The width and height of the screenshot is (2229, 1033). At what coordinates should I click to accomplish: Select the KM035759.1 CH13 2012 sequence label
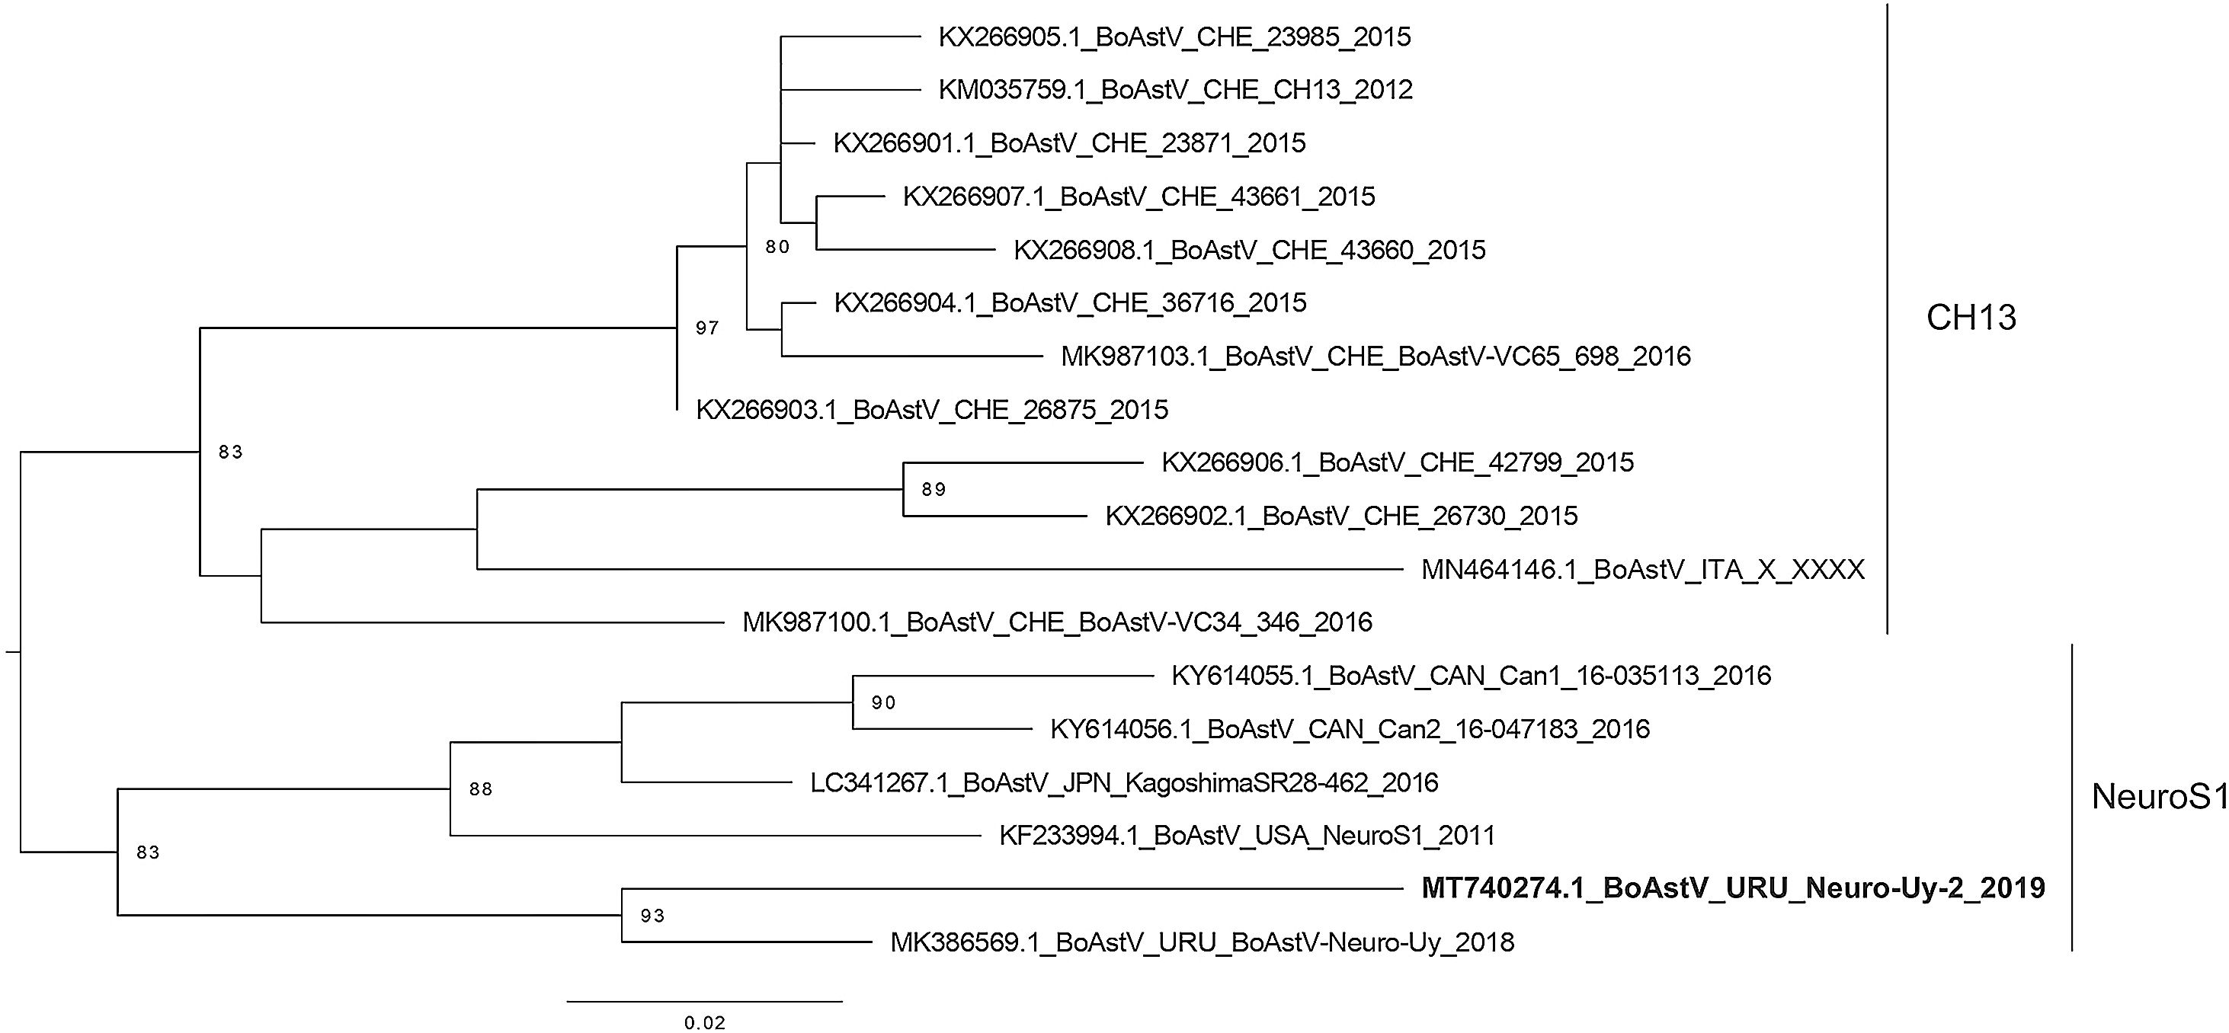click(1175, 90)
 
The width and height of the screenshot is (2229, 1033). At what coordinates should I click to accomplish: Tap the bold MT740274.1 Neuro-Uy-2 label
click(1732, 887)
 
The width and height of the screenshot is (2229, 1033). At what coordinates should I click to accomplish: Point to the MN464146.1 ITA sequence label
click(1642, 569)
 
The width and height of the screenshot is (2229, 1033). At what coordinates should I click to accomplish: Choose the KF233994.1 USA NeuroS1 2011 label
click(1247, 835)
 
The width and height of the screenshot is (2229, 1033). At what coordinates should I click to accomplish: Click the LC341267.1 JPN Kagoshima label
click(1124, 783)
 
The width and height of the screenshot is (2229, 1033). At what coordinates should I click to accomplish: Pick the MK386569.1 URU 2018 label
click(1202, 942)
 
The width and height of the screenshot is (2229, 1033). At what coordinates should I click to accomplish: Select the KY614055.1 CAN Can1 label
click(1471, 676)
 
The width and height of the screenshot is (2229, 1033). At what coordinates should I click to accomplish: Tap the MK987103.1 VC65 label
click(1376, 357)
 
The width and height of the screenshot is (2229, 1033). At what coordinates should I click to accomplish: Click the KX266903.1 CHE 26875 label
click(932, 409)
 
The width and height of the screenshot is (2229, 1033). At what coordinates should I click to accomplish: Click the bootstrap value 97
click(707, 328)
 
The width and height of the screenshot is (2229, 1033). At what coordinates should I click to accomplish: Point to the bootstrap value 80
click(777, 248)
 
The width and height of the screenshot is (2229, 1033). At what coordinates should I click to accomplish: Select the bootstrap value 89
click(934, 490)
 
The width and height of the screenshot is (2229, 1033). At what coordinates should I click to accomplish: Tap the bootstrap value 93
click(652, 916)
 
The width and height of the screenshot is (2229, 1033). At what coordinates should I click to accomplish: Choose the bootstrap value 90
click(882, 702)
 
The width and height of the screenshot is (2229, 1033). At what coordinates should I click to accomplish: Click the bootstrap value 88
click(480, 788)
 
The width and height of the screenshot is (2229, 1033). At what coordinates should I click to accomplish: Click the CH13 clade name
click(1970, 318)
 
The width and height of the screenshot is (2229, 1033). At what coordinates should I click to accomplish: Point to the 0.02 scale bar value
click(704, 1022)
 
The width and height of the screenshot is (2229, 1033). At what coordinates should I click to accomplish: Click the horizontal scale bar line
click(704, 1001)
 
